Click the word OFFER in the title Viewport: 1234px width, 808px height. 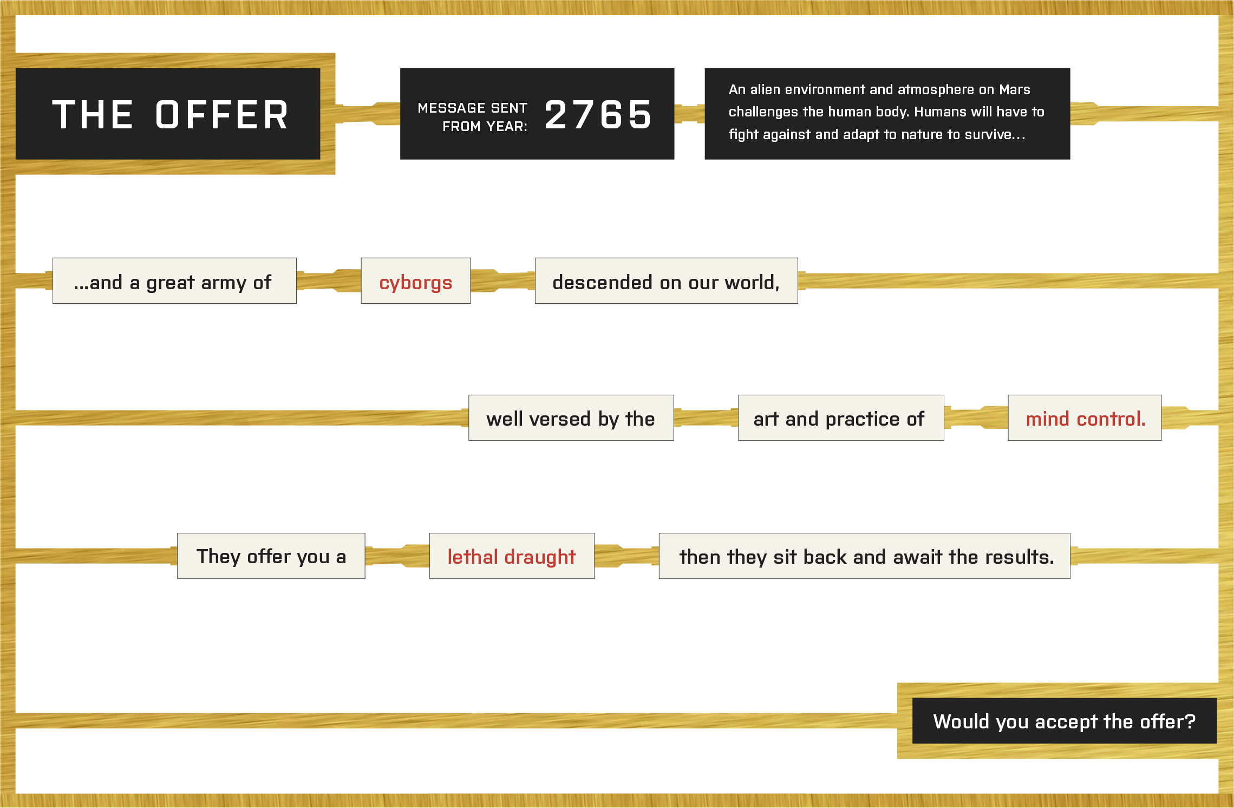tap(222, 115)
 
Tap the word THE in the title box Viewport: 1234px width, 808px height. tap(93, 115)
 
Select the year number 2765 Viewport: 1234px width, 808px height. tap(598, 115)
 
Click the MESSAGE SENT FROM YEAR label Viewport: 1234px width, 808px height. tap(473, 117)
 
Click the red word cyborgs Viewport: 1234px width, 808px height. tap(416, 283)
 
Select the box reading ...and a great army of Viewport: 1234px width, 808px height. tap(174, 281)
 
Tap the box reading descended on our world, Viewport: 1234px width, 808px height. tap(666, 281)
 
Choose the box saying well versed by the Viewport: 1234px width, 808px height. tap(571, 418)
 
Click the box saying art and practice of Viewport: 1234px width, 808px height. tap(841, 418)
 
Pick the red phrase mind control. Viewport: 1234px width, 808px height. tap(1086, 419)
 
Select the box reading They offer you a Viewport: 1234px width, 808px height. tap(271, 556)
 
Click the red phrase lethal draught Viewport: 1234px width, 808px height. tap(512, 557)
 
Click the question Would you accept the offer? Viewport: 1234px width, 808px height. tap(1065, 721)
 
